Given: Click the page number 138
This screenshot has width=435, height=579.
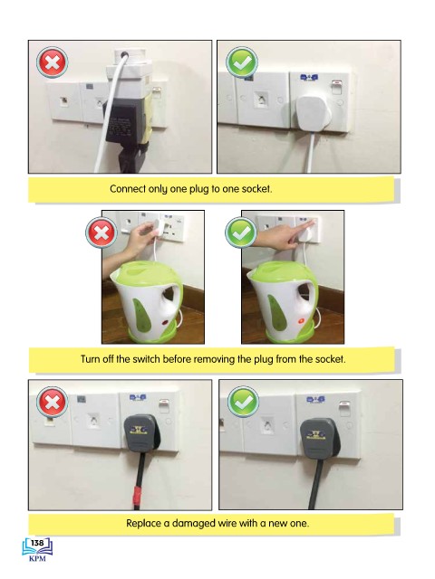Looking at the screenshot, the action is tap(37, 543).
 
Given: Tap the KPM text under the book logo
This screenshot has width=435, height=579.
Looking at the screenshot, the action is tap(37, 558).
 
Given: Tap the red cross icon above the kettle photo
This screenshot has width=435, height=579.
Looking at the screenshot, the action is tap(101, 233).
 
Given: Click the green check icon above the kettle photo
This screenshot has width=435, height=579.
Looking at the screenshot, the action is tap(241, 233).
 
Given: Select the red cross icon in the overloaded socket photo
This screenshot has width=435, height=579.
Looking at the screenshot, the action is tap(53, 62).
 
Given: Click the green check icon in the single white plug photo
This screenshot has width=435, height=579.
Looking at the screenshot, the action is tap(242, 62).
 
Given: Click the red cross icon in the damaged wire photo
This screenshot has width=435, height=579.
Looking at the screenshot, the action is tap(53, 402).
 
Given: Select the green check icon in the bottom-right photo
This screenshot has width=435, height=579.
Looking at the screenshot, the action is tap(243, 402).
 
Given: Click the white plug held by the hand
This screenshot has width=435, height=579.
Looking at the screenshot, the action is tap(159, 226).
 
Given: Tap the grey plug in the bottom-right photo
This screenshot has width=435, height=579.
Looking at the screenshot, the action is tap(320, 438).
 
